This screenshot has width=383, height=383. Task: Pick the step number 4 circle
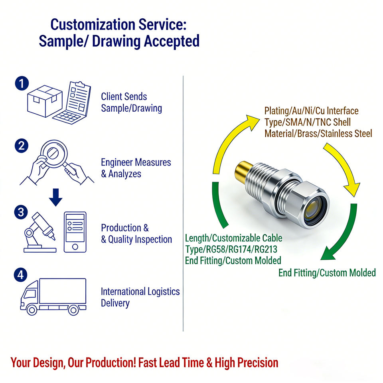coord(21,275)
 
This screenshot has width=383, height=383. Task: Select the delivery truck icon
coord(53,297)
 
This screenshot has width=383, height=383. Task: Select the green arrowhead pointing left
coord(328,253)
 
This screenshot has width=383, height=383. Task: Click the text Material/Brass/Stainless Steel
coord(318,133)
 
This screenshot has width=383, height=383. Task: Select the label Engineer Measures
coord(136,162)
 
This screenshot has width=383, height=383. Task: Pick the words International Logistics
coord(140,292)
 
